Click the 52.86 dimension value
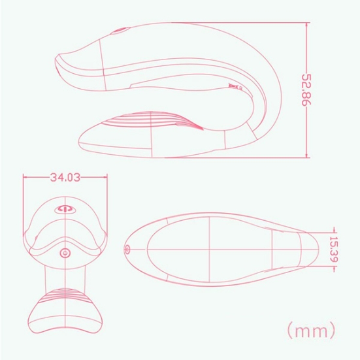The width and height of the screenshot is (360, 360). coord(306,90)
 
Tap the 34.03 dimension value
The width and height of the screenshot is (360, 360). coord(65,177)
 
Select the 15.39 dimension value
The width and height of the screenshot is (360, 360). coord(334,249)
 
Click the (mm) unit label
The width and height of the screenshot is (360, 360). coord(312,330)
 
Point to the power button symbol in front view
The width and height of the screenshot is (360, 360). coord(65,209)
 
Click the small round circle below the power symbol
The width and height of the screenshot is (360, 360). coord(65,253)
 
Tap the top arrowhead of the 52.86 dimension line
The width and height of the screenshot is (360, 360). coord(306,25)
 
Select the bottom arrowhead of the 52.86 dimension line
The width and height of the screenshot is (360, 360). coord(306,155)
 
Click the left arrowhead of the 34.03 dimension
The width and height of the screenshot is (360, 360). coord(25,177)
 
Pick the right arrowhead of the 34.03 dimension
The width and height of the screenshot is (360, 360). coord(105,177)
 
